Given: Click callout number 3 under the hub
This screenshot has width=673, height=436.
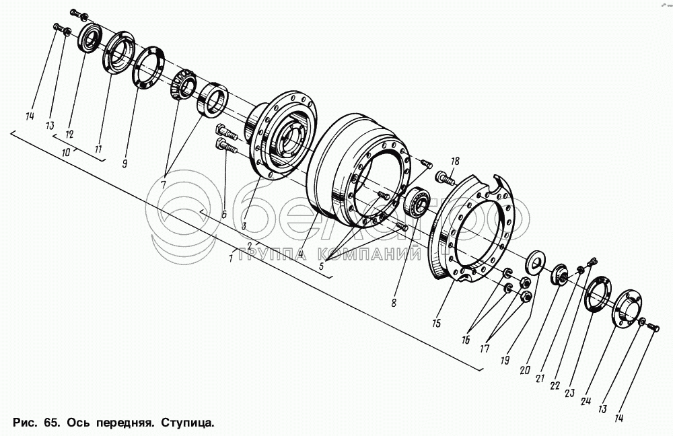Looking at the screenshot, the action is click(x=244, y=226).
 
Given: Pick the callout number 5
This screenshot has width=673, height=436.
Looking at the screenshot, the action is click(x=322, y=266).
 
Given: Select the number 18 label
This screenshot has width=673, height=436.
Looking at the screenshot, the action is click(x=455, y=161).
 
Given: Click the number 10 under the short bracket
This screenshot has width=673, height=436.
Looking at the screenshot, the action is click(x=66, y=153).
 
